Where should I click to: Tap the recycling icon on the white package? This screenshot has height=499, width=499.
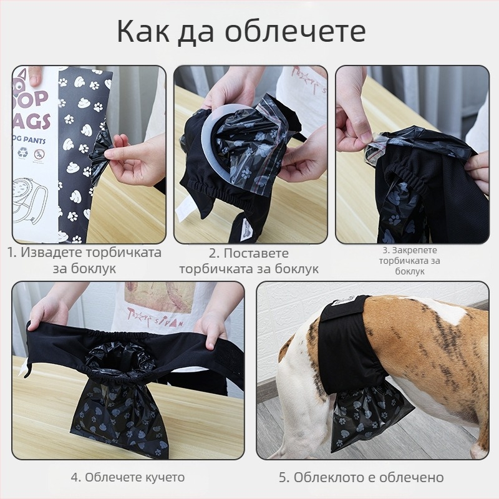point(22,152)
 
